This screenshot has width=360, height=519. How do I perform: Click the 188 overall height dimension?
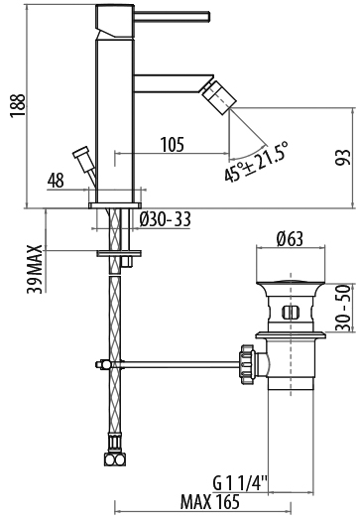click(x=18, y=105)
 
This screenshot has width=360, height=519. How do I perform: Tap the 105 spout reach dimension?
click(x=172, y=145)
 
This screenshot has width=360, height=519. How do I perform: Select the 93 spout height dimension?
click(x=342, y=158)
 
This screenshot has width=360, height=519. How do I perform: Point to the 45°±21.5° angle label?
click(x=256, y=162)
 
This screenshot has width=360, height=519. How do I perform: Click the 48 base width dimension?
click(x=56, y=181)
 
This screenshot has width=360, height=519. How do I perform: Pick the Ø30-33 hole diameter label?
click(x=165, y=218)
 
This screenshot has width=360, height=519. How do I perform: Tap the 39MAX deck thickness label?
click(x=35, y=269)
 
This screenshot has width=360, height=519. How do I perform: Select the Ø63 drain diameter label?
click(x=291, y=239)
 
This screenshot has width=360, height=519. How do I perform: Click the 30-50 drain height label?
click(x=343, y=308)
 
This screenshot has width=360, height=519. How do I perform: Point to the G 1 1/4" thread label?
click(x=240, y=483)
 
